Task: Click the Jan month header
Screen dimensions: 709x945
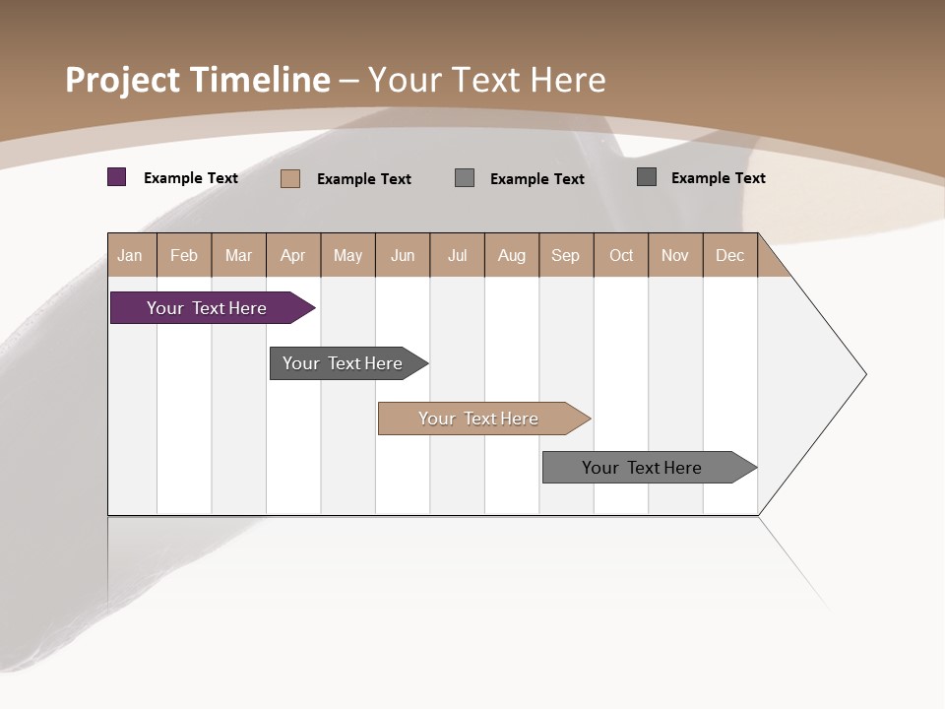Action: tap(131, 255)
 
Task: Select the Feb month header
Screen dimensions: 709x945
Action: tap(184, 255)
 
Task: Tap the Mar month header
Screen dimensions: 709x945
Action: tap(238, 255)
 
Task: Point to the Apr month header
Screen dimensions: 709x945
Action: tap(292, 255)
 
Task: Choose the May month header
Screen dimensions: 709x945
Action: tap(347, 255)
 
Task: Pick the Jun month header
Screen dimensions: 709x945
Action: tap(403, 255)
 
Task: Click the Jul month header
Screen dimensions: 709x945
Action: tap(457, 255)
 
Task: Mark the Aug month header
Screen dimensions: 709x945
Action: tap(512, 255)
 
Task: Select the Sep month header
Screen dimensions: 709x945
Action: tap(566, 255)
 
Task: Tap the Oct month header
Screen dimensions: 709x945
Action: tap(621, 255)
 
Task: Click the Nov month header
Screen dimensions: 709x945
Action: tap(675, 255)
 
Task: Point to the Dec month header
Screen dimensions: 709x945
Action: tap(729, 255)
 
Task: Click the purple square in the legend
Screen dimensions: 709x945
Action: tap(117, 177)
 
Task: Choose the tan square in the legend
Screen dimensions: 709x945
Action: tap(290, 178)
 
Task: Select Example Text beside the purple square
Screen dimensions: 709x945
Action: tap(191, 178)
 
